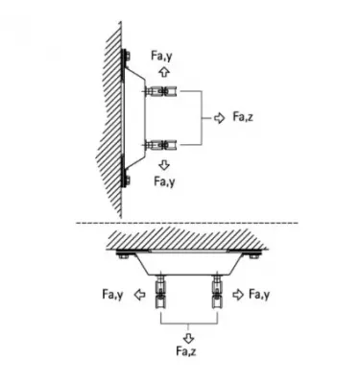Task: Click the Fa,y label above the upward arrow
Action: tap(164, 56)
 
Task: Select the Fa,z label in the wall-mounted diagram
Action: tap(244, 118)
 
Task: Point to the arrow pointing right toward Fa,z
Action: tap(221, 118)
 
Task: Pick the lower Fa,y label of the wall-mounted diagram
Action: tap(164, 180)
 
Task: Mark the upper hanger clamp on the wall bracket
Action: tap(159, 93)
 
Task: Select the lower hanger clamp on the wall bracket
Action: tap(159, 146)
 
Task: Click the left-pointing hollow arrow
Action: tap(140, 294)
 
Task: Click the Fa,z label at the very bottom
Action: tap(187, 353)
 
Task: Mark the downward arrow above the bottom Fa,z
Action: tap(187, 336)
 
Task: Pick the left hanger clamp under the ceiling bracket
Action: tap(161, 292)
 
